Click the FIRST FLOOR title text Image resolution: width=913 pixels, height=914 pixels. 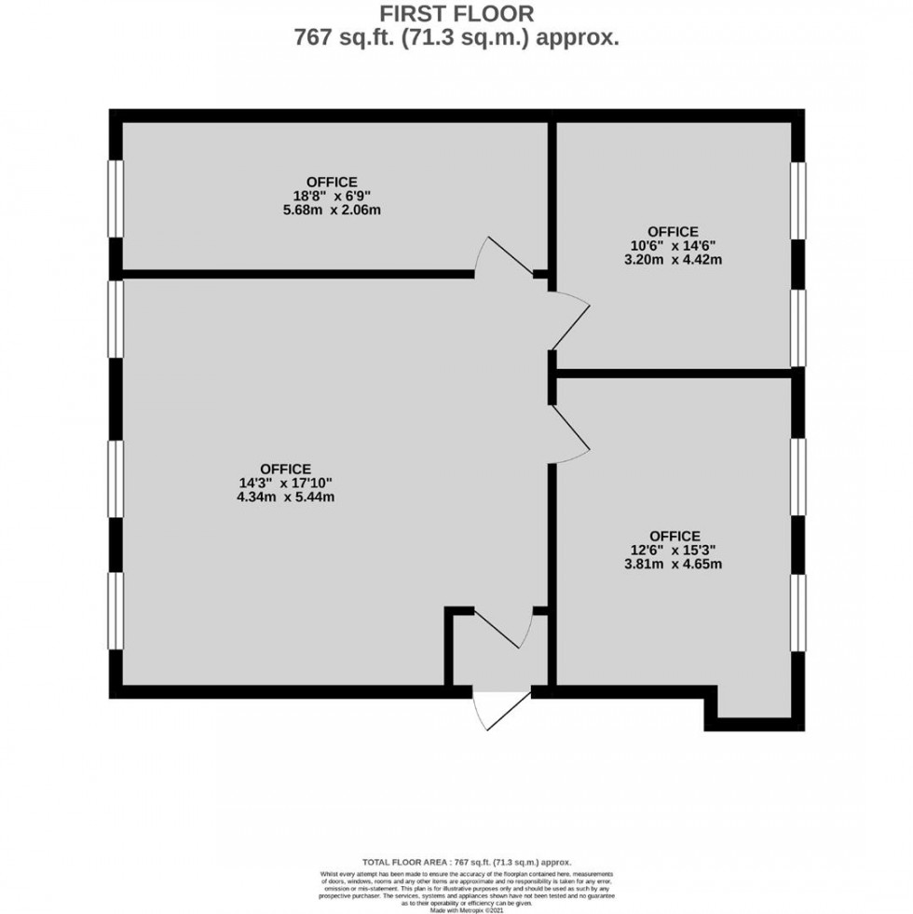point(456,15)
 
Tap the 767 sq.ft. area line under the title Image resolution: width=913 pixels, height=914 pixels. point(456,38)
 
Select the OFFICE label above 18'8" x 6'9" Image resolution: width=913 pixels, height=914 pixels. point(331,182)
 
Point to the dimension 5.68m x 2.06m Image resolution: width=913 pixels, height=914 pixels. point(333,210)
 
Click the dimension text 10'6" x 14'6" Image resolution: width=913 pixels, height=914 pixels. point(673,246)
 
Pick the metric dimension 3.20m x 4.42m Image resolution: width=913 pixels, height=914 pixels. point(675,260)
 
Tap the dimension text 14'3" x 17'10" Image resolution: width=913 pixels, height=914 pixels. point(285,483)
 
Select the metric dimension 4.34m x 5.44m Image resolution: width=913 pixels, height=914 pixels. point(285,498)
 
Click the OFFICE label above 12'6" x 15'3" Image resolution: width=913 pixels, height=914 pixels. point(675,536)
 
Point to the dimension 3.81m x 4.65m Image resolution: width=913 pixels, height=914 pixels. point(675,564)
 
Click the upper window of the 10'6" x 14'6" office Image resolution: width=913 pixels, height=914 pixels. point(798,199)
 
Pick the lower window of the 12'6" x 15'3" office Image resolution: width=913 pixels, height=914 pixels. point(798,611)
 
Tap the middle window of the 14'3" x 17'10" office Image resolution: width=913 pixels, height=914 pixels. point(115,477)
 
